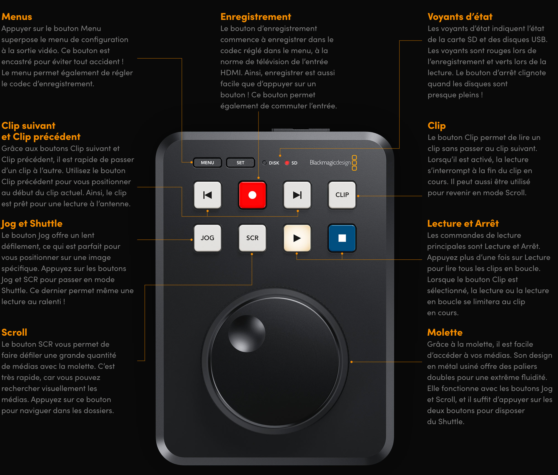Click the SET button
(240, 163)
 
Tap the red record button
(252, 195)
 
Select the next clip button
(297, 195)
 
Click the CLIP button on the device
(342, 195)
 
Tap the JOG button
(207, 238)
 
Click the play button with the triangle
(297, 238)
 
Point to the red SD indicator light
(287, 163)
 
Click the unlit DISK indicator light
(264, 163)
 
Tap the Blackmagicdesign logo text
(330, 163)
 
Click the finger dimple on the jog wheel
(247, 334)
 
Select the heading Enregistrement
(255, 17)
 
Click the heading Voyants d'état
(460, 17)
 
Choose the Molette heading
(445, 332)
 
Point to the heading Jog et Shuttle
(32, 224)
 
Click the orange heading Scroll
(14, 332)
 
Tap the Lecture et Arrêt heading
(463, 223)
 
